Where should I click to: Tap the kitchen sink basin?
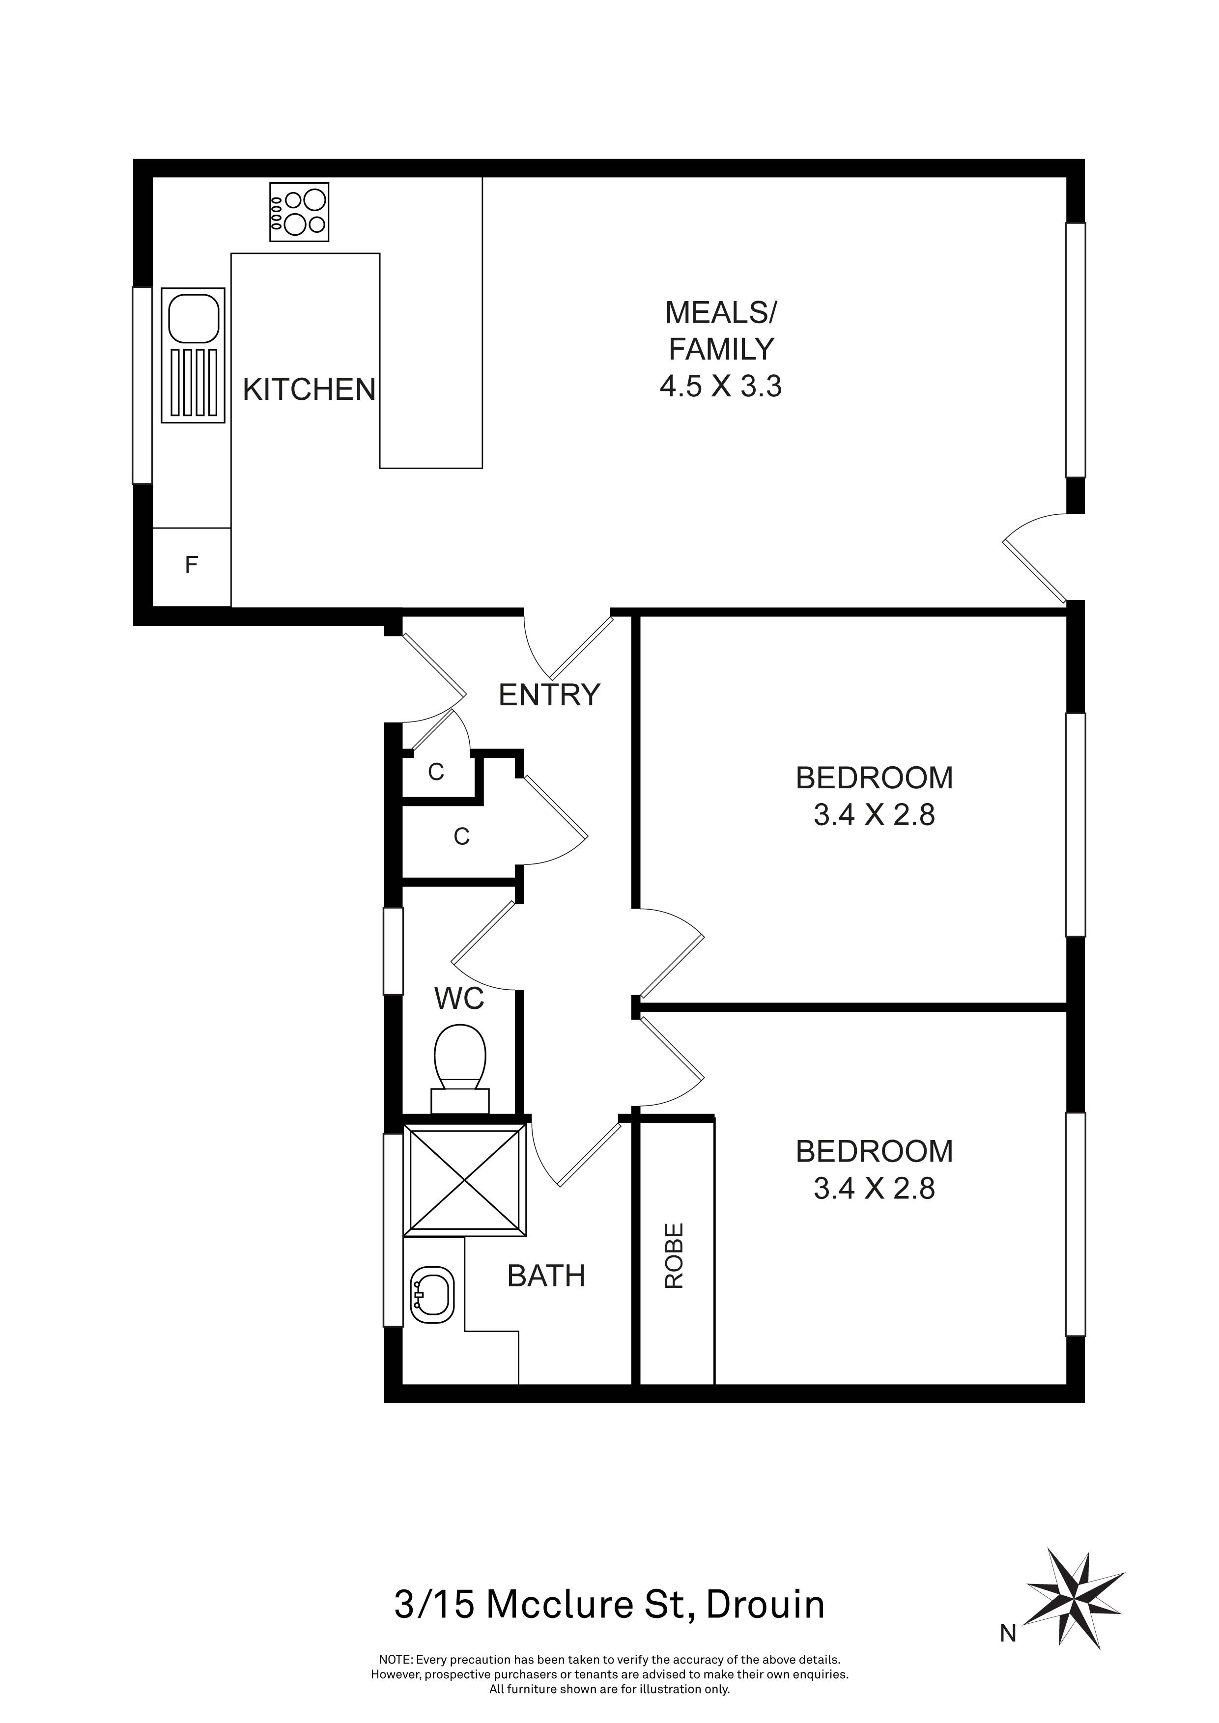pos(194,319)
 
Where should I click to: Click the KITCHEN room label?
pos(309,389)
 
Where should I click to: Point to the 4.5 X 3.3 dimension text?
pos(721,387)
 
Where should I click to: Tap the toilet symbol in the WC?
pos(460,1064)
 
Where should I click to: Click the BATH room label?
pos(546,1276)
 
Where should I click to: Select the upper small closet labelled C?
pos(436,772)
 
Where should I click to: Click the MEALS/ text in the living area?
pos(721,312)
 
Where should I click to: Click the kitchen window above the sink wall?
pos(142,385)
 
